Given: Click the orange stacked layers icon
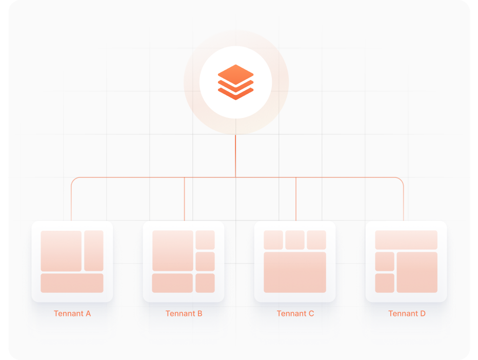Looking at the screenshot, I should (x=236, y=82).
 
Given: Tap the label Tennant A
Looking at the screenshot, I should (x=72, y=313).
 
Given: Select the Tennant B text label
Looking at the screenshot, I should (x=184, y=313).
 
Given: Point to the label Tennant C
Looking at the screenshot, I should (x=295, y=313).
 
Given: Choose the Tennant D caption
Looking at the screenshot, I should (x=407, y=313).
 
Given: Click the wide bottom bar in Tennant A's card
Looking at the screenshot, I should (x=72, y=283).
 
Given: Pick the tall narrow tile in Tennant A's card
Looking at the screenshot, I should (x=94, y=251).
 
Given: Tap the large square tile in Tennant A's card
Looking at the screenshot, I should (x=61, y=251).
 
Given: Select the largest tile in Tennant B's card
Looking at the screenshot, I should (x=172, y=251).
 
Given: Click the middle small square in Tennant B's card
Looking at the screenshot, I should (x=205, y=262).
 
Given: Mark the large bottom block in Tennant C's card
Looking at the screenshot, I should (x=295, y=272).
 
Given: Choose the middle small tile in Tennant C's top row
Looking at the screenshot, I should (x=295, y=240).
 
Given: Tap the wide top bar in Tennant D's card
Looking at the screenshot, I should (x=406, y=240).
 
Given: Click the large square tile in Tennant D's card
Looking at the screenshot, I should (x=417, y=272).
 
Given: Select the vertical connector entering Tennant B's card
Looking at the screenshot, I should (x=184, y=200).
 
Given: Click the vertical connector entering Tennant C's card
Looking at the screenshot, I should (x=296, y=200).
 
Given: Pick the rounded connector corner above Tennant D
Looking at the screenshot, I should (x=402, y=180).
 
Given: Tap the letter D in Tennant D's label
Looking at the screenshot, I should (x=423, y=313).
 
